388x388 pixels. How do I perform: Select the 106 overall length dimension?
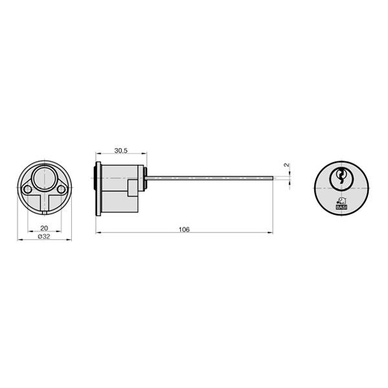(184, 229)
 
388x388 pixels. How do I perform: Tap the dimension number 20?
(44, 228)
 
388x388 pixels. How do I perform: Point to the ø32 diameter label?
(44, 237)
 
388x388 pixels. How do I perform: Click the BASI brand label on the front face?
(341, 208)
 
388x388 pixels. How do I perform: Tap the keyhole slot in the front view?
(340, 177)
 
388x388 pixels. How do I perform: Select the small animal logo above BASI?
(341, 200)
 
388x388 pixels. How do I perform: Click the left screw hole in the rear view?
(27, 189)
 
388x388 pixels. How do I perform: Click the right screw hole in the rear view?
(61, 189)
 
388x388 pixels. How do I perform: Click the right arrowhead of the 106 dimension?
(272, 233)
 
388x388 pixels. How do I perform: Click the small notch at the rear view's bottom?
(44, 211)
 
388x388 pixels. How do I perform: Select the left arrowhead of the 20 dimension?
(28, 232)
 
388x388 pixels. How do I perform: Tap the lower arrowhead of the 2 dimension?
(287, 183)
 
